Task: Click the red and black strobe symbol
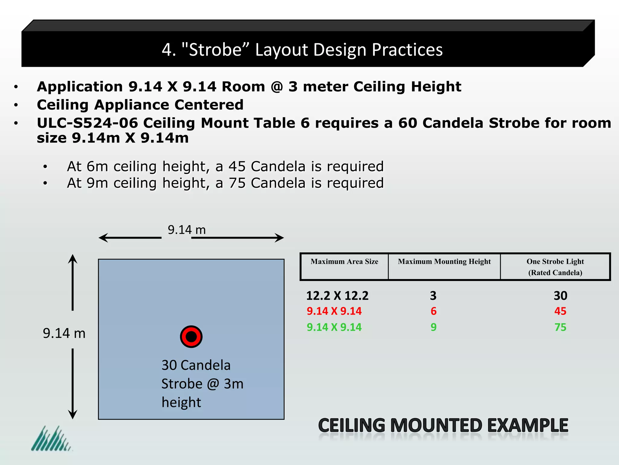click(x=191, y=337)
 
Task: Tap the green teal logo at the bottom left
click(x=51, y=439)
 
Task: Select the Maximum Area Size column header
click(x=344, y=262)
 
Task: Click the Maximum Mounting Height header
click(x=444, y=262)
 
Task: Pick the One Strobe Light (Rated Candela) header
click(x=555, y=267)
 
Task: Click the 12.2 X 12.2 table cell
click(x=337, y=296)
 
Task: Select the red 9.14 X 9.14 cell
click(x=334, y=311)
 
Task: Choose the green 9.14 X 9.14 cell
click(x=334, y=327)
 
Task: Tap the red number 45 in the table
click(x=560, y=311)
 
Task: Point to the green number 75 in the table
click(x=560, y=327)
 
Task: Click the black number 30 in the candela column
click(x=560, y=296)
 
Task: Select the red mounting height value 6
click(x=433, y=311)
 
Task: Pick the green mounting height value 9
click(x=433, y=327)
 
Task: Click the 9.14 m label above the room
click(x=186, y=230)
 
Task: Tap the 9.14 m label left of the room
click(x=64, y=333)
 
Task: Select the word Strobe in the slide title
click(x=215, y=50)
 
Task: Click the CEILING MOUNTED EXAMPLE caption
click(x=443, y=425)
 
